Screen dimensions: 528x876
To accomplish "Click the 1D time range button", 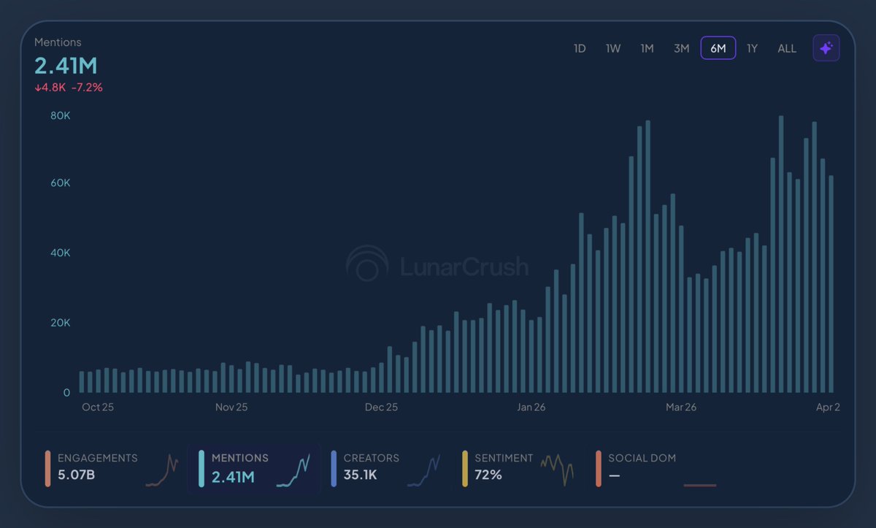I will tap(580, 49).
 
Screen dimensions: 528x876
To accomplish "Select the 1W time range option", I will tap(613, 49).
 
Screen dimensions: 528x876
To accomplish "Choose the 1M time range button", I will tap(647, 49).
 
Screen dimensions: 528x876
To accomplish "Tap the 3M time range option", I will tap(681, 49).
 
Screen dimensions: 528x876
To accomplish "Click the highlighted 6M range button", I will tap(718, 48).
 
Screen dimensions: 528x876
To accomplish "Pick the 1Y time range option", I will tap(752, 49).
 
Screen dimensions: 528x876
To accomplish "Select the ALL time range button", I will tap(787, 49).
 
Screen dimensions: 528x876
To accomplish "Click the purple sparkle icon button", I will tap(826, 48).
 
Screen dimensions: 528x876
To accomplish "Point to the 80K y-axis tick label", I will tap(60, 115).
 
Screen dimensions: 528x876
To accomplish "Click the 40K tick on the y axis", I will tap(60, 253).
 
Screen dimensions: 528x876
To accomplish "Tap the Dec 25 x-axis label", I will tap(381, 407).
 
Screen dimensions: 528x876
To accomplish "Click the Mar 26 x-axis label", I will tap(680, 407).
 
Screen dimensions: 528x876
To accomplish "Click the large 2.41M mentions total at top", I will tap(66, 66).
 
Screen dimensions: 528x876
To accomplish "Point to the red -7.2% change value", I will tap(87, 88).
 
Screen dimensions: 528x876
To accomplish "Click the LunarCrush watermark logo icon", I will tap(367, 264).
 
